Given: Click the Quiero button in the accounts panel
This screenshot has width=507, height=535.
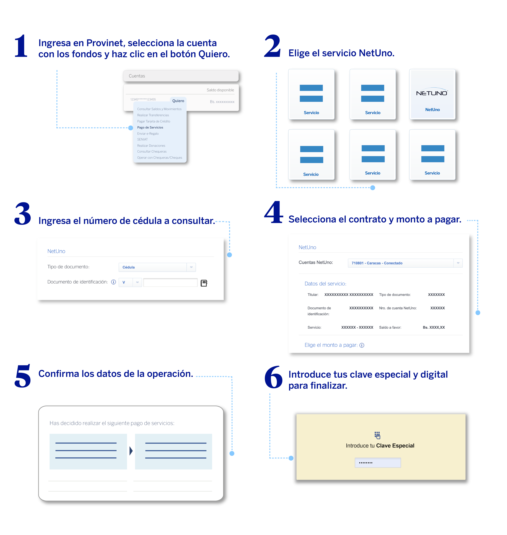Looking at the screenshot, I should (178, 101).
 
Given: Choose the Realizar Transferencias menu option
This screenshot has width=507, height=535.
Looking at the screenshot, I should (153, 115).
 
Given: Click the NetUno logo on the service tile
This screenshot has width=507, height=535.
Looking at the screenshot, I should (432, 93).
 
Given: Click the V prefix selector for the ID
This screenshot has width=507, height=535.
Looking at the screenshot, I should (130, 282).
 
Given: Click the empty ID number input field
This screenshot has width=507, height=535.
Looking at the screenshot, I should (170, 283).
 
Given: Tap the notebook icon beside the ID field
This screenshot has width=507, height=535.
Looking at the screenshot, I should (204, 283).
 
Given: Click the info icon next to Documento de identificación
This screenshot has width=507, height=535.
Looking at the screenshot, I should (114, 282).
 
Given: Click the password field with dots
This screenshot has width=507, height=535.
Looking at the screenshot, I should (378, 463).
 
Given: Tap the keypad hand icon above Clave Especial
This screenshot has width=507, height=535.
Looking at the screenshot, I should (377, 435).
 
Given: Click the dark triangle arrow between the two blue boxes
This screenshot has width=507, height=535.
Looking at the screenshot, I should (131, 451).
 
